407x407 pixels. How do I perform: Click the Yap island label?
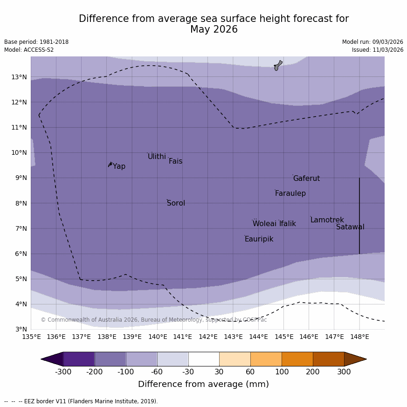tap(119, 166)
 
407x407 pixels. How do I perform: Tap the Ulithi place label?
tap(157, 157)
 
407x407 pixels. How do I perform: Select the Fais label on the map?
tap(175, 161)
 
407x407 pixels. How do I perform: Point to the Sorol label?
tap(176, 203)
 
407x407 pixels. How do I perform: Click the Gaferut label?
tap(306, 179)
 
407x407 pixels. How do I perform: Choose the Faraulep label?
tap(290, 193)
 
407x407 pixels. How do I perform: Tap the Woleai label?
tap(264, 224)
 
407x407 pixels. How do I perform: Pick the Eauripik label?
tap(259, 239)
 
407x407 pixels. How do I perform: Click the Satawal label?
tap(350, 227)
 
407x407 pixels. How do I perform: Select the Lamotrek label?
tap(327, 220)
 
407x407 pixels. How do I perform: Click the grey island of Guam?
tap(278, 65)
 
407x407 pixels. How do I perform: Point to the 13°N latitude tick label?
tap(19, 77)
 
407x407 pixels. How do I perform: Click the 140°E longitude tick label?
tap(158, 337)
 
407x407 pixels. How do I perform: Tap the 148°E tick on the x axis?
tap(359, 337)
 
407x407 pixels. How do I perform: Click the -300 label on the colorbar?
tap(63, 372)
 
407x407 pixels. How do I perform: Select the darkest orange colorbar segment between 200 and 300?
tap(328, 359)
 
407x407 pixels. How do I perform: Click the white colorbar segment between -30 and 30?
tap(204, 359)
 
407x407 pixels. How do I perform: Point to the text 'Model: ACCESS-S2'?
tap(29, 50)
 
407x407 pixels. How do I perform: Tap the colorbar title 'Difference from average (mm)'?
tap(203, 384)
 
